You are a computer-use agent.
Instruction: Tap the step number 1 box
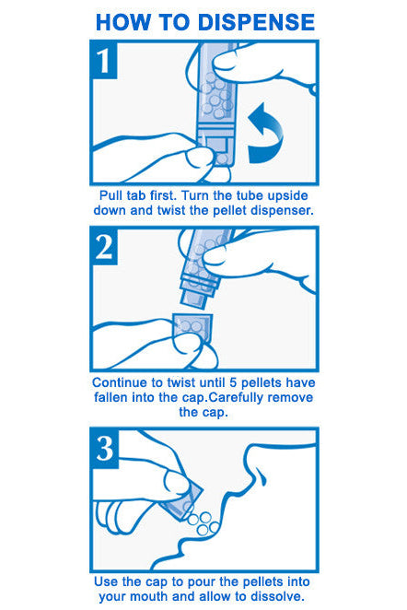105,60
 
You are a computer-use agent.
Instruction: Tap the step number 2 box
105,247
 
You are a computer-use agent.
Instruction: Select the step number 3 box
105,448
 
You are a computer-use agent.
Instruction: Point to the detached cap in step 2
192,327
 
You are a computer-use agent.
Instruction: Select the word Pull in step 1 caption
109,195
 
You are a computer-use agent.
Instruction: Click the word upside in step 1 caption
289,195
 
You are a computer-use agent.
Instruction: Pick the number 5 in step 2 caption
233,382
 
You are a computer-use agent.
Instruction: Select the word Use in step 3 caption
105,581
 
